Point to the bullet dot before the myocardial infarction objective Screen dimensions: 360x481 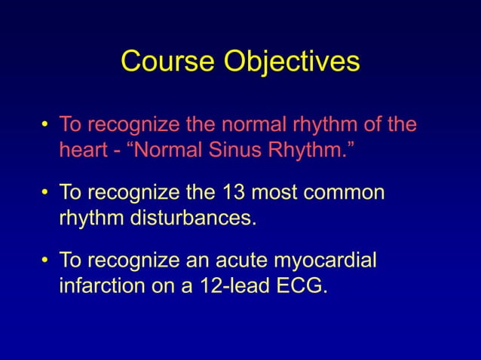46,261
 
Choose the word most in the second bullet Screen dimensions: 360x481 286,193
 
